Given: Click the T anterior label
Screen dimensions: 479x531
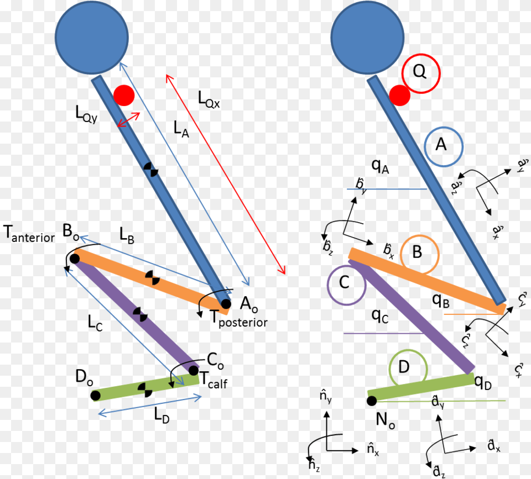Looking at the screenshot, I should coord(29,234).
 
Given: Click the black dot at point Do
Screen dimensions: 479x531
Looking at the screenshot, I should coord(96,395).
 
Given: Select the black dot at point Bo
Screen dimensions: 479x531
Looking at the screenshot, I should coord(74,258).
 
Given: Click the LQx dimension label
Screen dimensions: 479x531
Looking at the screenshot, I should coord(209,99).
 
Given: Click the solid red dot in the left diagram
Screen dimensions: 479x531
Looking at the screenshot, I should coord(123,96).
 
